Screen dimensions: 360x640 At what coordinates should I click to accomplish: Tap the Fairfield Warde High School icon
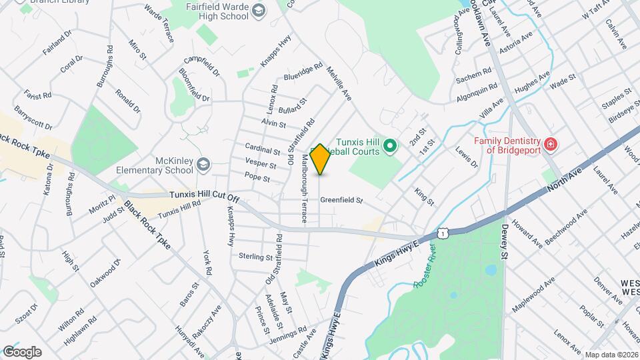258,11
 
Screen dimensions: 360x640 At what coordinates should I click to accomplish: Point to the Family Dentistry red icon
550,144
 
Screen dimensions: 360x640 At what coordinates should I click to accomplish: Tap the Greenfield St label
341,200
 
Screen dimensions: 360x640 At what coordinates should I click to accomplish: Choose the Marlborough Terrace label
305,188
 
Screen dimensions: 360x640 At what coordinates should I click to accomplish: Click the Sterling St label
256,257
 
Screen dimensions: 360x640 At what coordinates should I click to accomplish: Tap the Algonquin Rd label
477,91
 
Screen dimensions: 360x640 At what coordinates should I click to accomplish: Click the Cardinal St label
263,151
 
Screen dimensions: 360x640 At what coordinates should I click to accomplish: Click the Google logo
21,352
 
